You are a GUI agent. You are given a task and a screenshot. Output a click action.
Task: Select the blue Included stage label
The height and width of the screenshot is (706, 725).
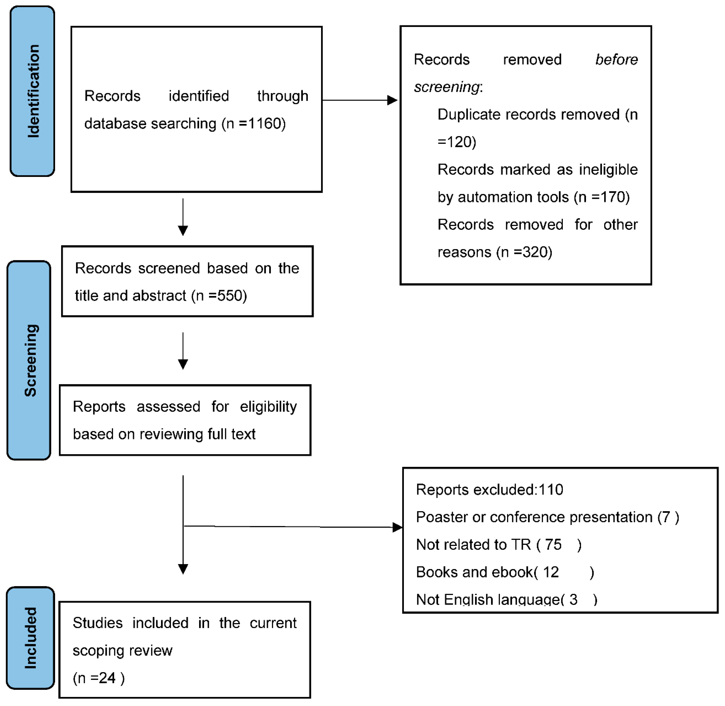30,638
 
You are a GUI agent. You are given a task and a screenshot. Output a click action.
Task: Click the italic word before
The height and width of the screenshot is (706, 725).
616,59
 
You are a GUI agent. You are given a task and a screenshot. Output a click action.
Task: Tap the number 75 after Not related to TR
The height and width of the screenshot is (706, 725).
553,545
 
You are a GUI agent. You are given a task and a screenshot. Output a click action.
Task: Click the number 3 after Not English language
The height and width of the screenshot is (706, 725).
574,600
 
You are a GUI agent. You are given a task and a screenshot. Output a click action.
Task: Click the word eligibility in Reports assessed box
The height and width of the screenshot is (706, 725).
268,407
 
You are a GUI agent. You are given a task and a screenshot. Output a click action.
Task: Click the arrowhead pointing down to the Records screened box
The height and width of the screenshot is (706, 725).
183,231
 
